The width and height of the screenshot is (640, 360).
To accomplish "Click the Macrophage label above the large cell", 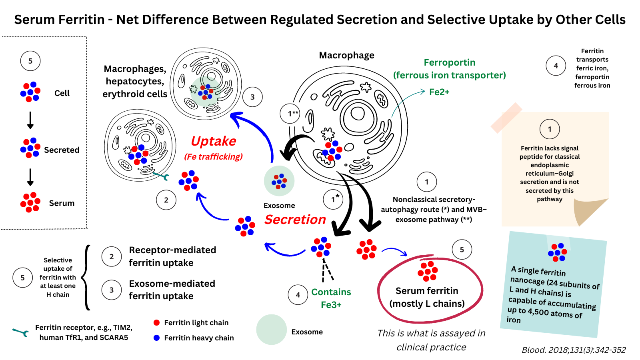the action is point(346,55).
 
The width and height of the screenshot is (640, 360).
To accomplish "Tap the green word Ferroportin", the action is point(450,62).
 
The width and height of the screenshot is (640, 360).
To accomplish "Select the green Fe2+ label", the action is point(439,92).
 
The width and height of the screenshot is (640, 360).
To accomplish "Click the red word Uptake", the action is point(214,141).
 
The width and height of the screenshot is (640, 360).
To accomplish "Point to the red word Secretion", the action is point(295,220).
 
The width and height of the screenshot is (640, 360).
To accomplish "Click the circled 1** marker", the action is point(290,114).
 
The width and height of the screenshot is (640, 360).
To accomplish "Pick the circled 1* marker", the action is point(333,199).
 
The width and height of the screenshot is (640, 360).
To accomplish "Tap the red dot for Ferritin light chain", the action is point(156,322).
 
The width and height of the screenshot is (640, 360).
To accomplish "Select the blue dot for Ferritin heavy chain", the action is point(156,338).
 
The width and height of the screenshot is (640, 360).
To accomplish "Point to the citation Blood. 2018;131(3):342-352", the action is point(574,350).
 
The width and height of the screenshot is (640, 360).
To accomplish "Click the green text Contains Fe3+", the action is point(331,298).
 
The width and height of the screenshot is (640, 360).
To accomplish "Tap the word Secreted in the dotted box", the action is point(62,150).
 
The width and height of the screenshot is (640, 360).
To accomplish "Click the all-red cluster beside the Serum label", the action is point(30,202).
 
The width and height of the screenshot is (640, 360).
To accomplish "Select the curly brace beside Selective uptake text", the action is point(86,277).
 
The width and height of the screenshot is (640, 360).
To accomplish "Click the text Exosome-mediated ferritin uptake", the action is point(172,290).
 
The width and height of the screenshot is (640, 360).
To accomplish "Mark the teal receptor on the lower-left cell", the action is point(161,176).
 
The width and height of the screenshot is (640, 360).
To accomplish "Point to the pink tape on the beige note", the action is point(506,118).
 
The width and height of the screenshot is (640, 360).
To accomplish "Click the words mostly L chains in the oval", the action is point(427,304).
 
